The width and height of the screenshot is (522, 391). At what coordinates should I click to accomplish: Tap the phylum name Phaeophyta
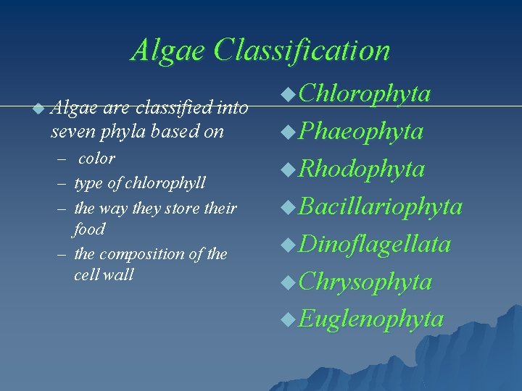(x=360, y=131)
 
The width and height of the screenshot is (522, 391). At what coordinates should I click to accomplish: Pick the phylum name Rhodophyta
(x=361, y=169)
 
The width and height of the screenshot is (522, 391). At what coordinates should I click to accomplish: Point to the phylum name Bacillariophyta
(x=380, y=206)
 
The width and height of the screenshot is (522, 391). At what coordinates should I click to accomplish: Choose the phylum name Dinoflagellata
(x=374, y=244)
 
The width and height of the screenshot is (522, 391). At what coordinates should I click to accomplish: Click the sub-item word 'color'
(x=97, y=159)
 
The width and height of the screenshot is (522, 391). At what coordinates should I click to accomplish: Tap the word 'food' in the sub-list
(x=90, y=230)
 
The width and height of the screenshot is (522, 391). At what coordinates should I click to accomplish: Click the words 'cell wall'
(x=104, y=276)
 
